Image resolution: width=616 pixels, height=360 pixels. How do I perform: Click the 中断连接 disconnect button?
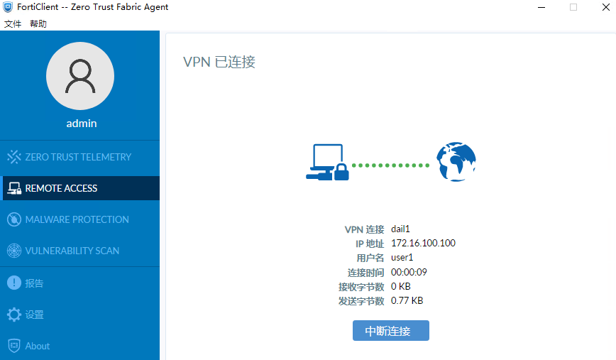coord(390,330)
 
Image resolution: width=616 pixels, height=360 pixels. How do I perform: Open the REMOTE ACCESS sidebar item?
coord(81,188)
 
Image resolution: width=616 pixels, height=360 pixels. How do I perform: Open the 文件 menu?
coord(13,24)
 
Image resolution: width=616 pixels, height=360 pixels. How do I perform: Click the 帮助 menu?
coord(38,24)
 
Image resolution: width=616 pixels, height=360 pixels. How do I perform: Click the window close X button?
coord(606,7)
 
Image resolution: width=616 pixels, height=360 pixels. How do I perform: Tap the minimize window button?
coord(541,7)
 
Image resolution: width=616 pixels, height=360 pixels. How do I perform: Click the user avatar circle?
coord(80,76)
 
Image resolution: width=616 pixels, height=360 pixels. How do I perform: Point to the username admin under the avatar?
coord(82,124)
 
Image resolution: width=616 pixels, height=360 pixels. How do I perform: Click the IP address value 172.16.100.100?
coord(423,243)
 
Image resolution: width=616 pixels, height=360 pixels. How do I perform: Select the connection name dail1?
coord(400,229)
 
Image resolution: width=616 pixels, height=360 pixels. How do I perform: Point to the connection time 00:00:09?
coord(409,272)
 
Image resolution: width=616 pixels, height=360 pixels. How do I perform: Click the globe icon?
coord(456,161)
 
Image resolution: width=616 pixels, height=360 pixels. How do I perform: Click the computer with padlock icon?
coord(327,162)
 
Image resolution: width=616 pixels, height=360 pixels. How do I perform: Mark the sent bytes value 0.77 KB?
coord(407,300)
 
